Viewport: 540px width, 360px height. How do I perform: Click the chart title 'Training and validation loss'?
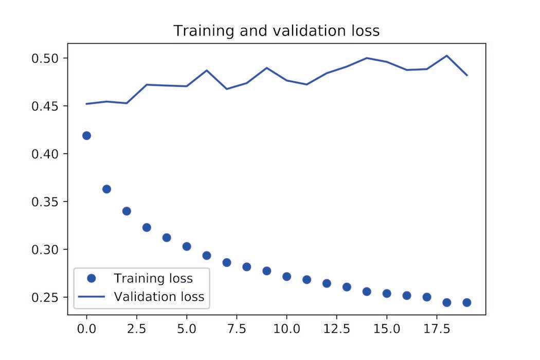276,31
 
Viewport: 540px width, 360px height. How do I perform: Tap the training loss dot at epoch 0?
86,136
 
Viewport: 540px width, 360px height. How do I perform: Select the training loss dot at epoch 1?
106,189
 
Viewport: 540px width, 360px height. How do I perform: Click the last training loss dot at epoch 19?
466,302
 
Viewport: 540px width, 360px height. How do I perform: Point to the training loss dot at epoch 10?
286,277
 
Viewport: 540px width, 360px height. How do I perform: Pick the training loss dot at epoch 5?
187,246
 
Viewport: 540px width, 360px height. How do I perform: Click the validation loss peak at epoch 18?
446,56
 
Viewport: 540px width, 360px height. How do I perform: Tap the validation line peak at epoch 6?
207,70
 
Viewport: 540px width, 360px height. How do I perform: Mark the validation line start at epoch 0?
86,104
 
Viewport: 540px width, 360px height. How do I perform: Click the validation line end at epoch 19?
466,75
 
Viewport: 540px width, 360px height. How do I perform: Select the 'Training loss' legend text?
153,279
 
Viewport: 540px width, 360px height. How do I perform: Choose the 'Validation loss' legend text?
159,297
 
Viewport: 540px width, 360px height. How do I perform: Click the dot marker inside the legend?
92,278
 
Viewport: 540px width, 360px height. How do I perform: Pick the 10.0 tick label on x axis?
286,328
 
